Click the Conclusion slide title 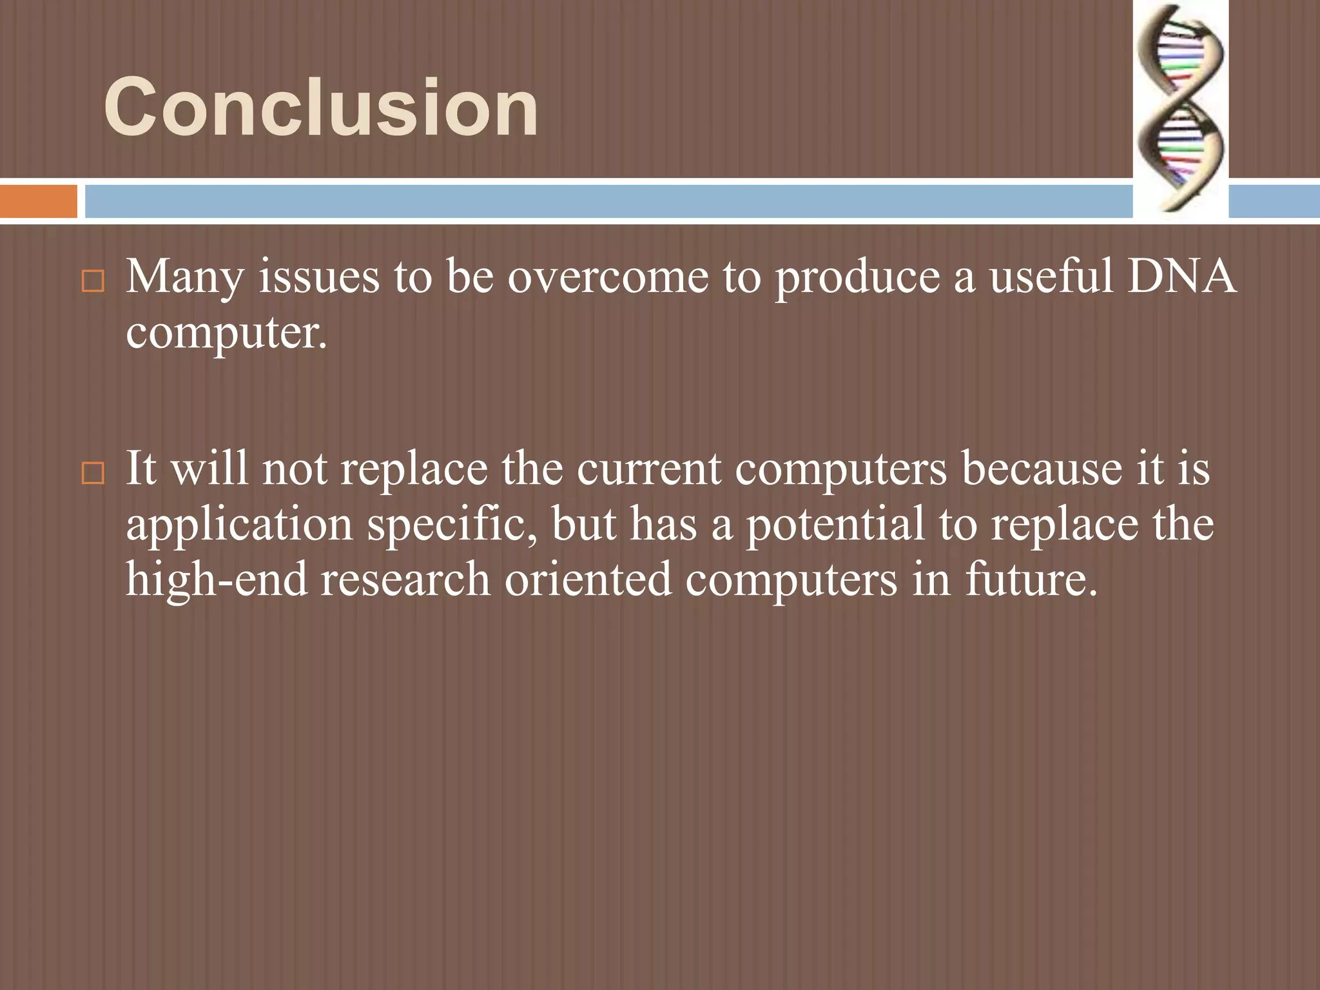coord(320,107)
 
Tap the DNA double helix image coord(1181,108)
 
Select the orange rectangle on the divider coord(38,201)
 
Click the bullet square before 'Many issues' coord(93,282)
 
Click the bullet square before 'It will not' coord(93,474)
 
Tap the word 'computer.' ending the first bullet coord(226,333)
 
